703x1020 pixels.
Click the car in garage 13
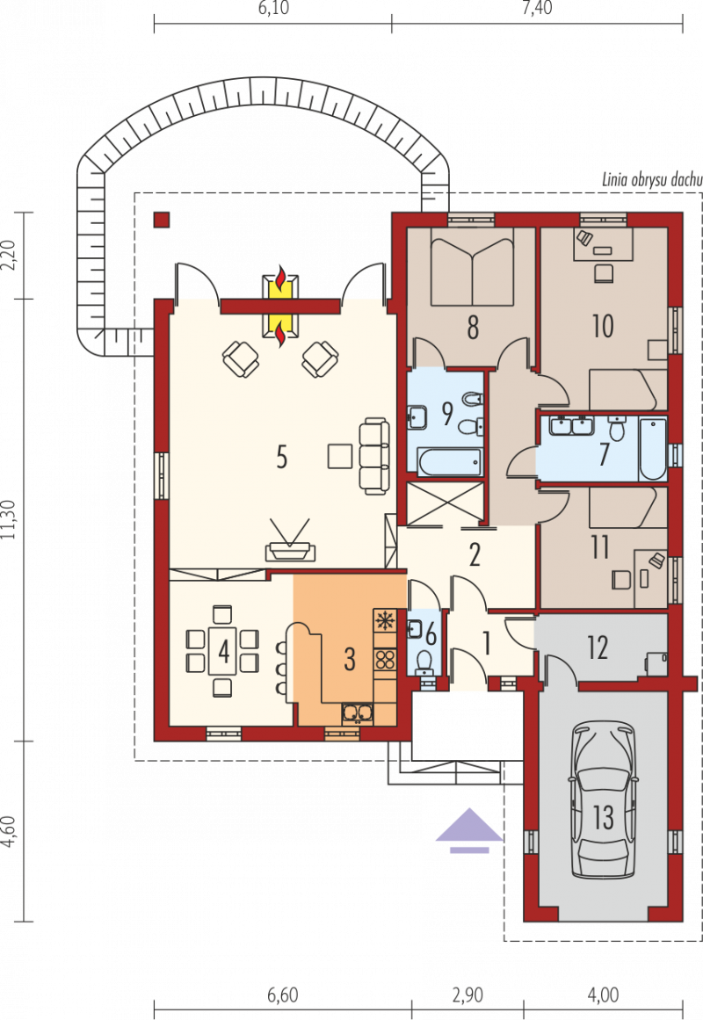click(x=603, y=800)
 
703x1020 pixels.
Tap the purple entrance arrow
click(x=469, y=829)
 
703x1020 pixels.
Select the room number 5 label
click(x=281, y=458)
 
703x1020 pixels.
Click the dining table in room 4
click(x=222, y=651)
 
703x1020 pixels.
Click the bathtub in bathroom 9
click(x=450, y=461)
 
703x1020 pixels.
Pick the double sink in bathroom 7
click(x=571, y=426)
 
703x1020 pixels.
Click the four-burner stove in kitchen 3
click(x=385, y=661)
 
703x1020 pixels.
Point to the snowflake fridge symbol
click(x=385, y=620)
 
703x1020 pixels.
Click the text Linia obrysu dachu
click(x=651, y=179)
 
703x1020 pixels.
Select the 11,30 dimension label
click(x=8, y=519)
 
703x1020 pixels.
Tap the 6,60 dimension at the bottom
click(x=282, y=995)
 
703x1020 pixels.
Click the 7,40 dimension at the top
click(x=537, y=8)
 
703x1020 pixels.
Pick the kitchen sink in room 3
click(x=358, y=713)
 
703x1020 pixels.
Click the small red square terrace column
click(x=162, y=220)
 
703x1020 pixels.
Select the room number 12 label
click(x=598, y=647)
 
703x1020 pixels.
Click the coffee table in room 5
click(x=340, y=456)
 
